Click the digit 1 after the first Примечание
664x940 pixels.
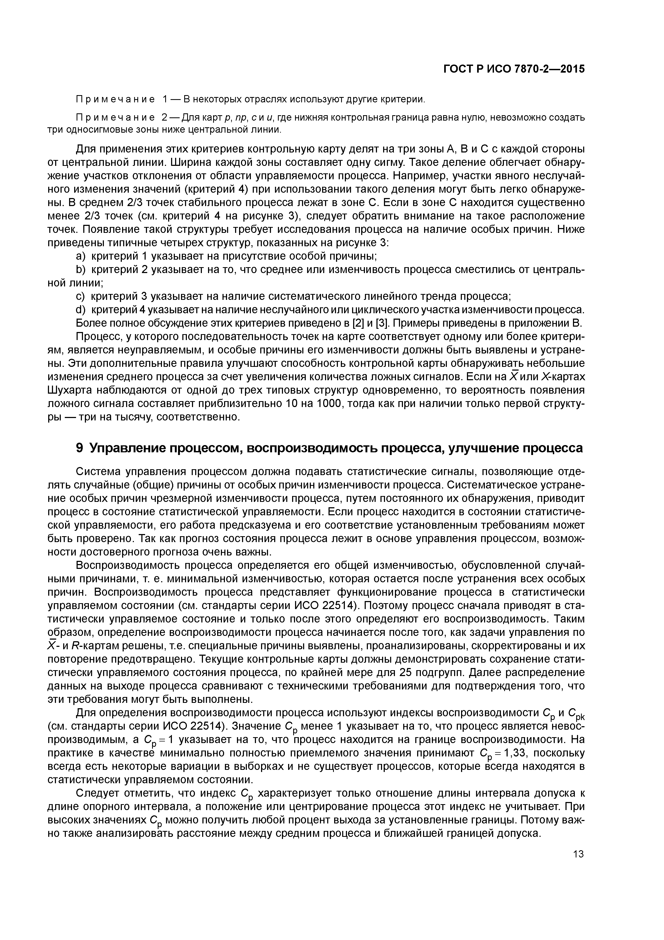coord(165,99)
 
